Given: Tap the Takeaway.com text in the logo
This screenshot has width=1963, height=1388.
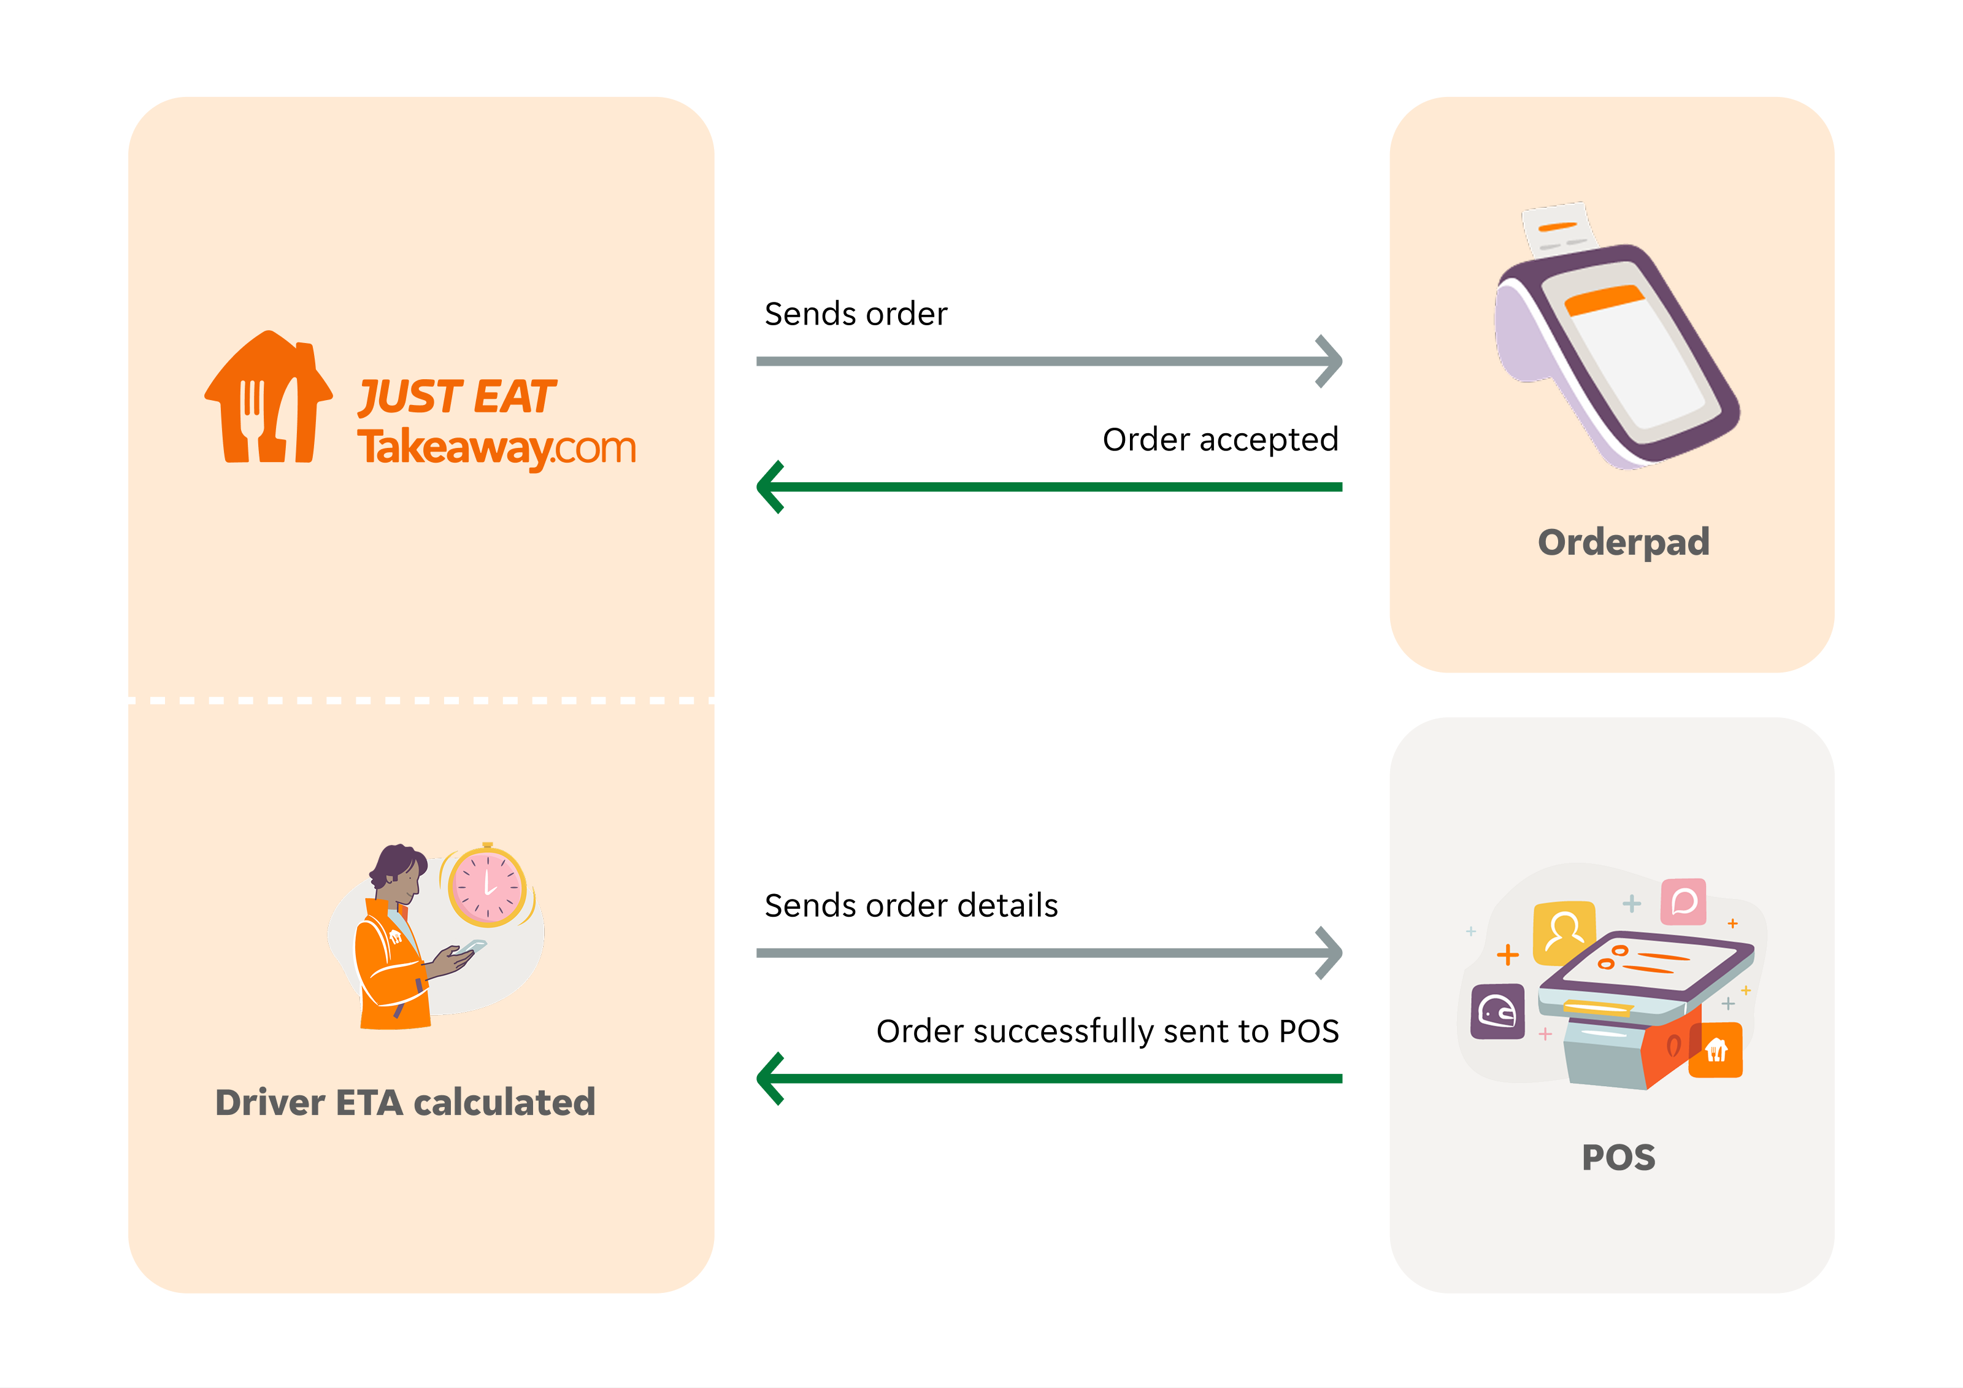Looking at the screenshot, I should [496, 447].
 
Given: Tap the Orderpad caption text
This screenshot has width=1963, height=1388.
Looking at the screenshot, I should [1623, 542].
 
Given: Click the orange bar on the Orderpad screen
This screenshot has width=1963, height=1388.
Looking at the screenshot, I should [1604, 300].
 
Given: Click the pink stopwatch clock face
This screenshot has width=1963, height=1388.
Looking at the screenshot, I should [486, 886].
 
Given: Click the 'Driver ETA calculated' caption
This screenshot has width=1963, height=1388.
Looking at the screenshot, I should [404, 1102].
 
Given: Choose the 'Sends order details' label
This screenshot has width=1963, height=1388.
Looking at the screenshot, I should [910, 906].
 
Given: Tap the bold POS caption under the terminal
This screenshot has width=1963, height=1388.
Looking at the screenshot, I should [1618, 1158].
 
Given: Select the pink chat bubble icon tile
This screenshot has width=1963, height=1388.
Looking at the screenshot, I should [1683, 901].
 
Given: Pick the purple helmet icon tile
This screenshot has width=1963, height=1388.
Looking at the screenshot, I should [1497, 1012].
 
